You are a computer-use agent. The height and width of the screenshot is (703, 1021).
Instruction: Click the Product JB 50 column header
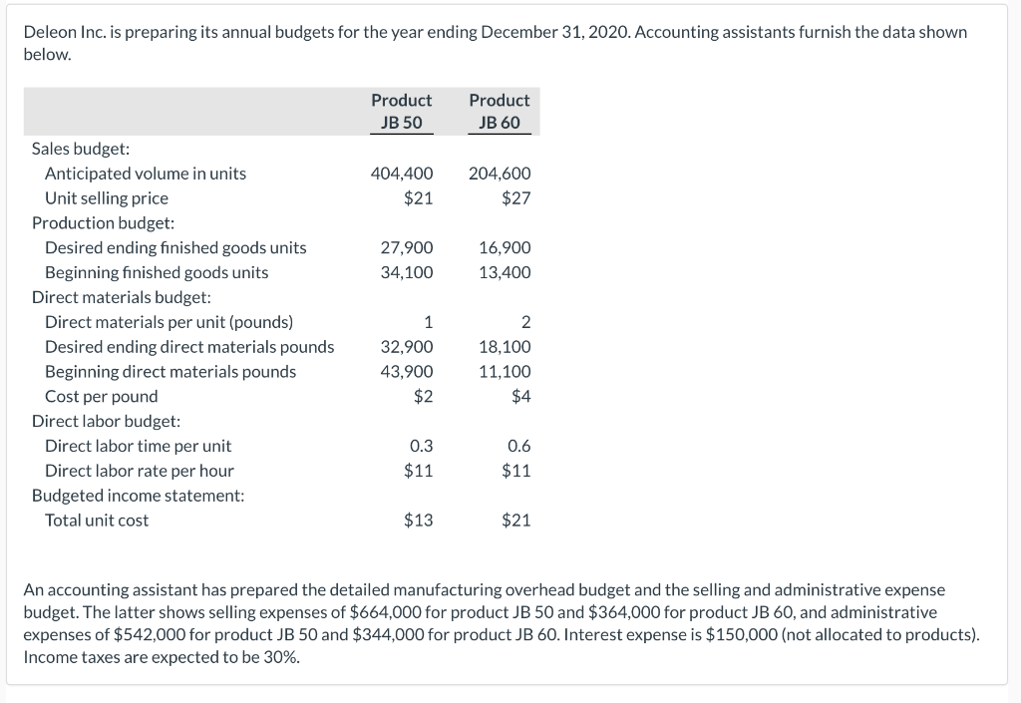pyautogui.click(x=401, y=112)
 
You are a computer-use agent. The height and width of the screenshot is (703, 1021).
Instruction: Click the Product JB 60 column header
pyautogui.click(x=499, y=112)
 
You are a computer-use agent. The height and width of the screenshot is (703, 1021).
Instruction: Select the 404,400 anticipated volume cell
pyautogui.click(x=401, y=174)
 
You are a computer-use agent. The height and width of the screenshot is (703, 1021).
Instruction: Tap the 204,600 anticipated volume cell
pyautogui.click(x=499, y=174)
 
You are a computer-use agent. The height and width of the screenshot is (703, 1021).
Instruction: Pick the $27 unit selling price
pyautogui.click(x=515, y=198)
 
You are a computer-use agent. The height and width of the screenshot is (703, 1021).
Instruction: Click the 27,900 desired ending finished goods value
pyautogui.click(x=407, y=248)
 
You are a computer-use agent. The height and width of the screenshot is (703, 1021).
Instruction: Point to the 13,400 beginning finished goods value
pyautogui.click(x=505, y=272)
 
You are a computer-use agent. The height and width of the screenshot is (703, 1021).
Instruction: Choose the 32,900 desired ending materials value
pyautogui.click(x=407, y=347)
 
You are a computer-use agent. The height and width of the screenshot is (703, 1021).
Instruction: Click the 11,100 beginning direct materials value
pyautogui.click(x=505, y=372)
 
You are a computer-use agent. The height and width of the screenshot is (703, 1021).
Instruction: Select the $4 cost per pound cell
pyautogui.click(x=520, y=397)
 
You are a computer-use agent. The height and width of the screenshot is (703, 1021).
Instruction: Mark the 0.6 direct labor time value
pyautogui.click(x=518, y=446)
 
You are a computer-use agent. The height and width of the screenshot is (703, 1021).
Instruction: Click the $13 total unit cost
pyautogui.click(x=418, y=521)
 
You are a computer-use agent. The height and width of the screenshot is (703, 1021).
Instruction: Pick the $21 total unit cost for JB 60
pyautogui.click(x=515, y=521)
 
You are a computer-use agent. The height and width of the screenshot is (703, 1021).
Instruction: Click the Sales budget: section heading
pyautogui.click(x=81, y=149)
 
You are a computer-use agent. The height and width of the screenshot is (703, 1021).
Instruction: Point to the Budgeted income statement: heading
pyautogui.click(x=138, y=496)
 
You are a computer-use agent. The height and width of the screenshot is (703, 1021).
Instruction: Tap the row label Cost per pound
pyautogui.click(x=101, y=397)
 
